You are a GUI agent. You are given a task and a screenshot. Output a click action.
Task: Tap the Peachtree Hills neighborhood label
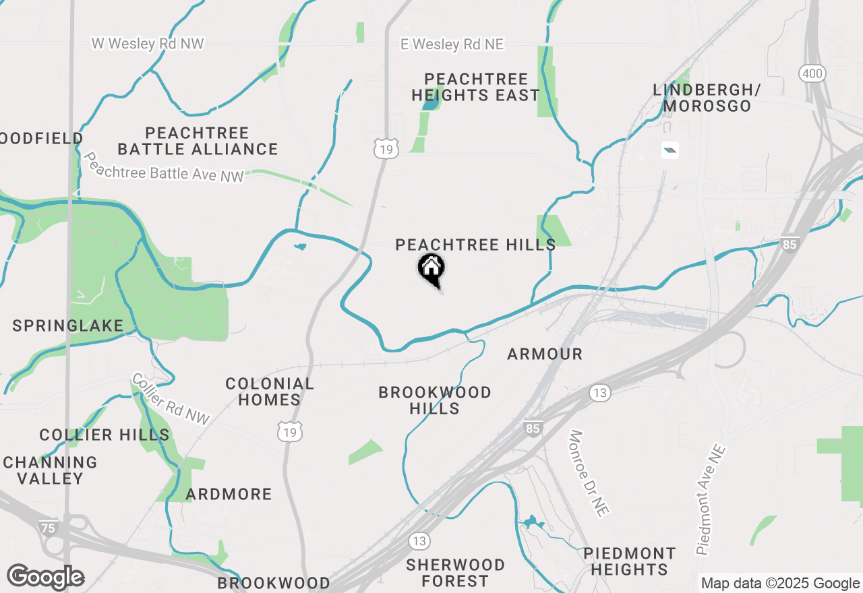475,245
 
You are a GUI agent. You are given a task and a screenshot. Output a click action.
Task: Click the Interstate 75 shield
49,528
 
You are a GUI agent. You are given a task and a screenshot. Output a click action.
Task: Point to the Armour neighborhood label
545,354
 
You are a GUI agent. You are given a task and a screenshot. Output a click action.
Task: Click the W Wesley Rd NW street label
148,44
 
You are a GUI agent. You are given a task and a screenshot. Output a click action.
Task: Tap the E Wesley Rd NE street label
452,44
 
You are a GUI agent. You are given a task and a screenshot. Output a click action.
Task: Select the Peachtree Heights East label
475,87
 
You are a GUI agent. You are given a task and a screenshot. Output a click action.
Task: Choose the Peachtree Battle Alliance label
198,141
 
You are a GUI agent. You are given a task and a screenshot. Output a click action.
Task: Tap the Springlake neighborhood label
68,326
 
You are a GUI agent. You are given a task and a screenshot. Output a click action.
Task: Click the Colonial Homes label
270,392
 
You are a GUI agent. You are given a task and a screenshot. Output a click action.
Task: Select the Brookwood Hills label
435,400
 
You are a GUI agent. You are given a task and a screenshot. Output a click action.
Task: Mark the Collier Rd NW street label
171,399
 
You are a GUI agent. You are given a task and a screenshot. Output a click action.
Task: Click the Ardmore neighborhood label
229,495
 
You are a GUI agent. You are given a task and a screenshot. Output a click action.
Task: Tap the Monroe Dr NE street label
589,473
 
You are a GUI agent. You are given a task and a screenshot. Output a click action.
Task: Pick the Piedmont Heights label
629,561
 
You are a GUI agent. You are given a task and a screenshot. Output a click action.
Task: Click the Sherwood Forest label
455,572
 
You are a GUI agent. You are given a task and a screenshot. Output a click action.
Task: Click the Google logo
46,578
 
